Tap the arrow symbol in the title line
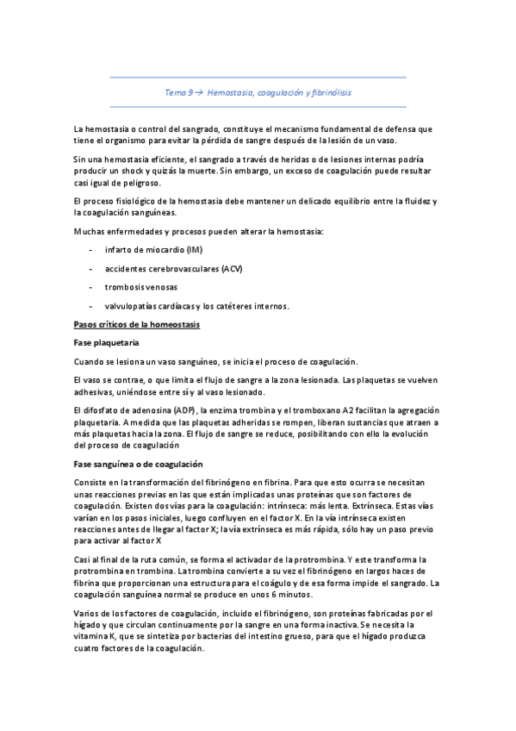(197, 91)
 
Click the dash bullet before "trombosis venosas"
(90, 288)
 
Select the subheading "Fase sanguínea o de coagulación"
(136, 464)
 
